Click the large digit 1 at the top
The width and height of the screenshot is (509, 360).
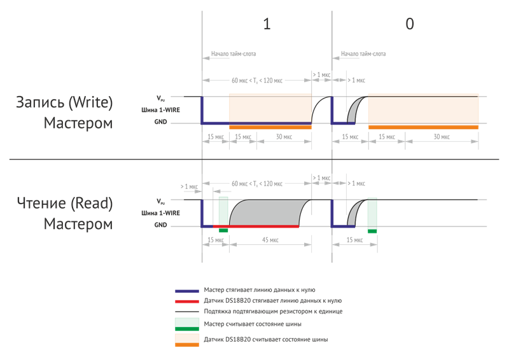point(267,24)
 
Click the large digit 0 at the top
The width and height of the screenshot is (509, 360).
point(410,24)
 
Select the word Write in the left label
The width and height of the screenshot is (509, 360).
point(91,102)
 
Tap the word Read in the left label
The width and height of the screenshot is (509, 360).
point(92,204)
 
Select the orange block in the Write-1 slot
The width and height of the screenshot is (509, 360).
point(270,111)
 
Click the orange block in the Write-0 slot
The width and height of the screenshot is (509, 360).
point(423,111)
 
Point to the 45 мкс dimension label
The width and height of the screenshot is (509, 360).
point(270,240)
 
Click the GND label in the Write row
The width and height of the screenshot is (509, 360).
point(160,121)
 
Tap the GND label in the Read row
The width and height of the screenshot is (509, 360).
point(160,225)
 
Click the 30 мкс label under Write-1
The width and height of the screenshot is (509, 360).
point(284,137)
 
